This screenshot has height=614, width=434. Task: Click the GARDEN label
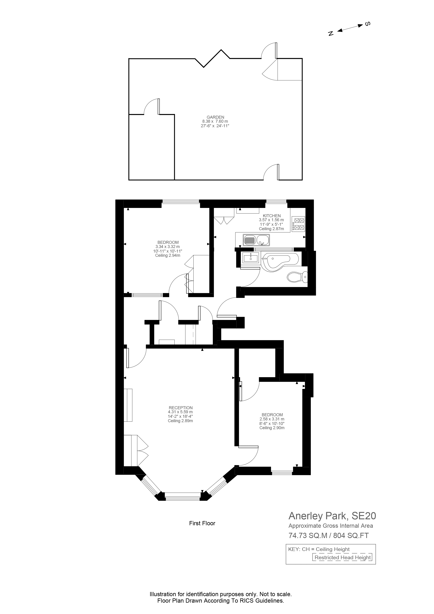pos(215,117)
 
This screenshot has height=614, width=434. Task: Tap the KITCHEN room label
pos(271,216)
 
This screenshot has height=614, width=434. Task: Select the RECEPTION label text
pos(180,408)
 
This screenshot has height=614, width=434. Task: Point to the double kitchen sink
pos(256,240)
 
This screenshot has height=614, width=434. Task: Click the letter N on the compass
pos(331,33)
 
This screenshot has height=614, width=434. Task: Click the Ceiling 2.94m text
pos(168,255)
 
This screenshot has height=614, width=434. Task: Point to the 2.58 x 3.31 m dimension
pos(272,419)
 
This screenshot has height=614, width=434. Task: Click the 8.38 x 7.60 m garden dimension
pos(215,121)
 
